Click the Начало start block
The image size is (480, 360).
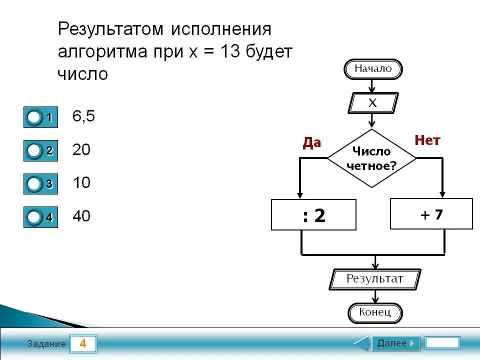point(373,69)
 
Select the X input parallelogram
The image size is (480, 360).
point(372,103)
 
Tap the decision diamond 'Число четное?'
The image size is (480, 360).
point(371,158)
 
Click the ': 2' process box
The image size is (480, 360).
point(313,215)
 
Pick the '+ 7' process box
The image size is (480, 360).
point(431,214)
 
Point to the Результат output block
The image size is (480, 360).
point(374,279)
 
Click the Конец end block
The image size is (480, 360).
point(374,313)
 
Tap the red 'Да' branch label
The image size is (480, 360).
point(311,143)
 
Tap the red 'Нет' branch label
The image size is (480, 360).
point(427,140)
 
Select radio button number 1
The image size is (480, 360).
point(34,117)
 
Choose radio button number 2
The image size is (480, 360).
point(34,150)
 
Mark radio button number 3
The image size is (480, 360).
point(34,184)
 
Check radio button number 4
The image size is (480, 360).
point(34,217)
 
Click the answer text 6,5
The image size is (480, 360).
point(83,116)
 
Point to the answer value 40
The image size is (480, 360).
point(81,216)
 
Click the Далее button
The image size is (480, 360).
point(395,343)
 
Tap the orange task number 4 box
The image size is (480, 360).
point(83,344)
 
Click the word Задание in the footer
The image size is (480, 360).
point(46,344)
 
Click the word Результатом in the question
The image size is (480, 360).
point(111,29)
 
